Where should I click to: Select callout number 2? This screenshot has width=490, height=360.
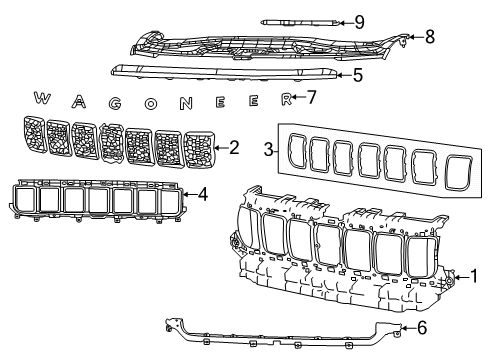(x=234, y=148)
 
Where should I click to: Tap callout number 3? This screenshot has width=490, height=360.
(x=268, y=150)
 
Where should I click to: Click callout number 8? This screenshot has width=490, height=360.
(x=429, y=37)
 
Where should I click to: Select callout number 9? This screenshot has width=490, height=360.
(x=359, y=21)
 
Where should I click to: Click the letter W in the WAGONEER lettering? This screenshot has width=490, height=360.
(x=42, y=98)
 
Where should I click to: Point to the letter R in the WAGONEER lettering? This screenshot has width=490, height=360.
(x=286, y=99)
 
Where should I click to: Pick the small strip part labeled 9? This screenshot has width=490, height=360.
(x=296, y=21)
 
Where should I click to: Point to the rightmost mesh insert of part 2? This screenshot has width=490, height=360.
(x=201, y=153)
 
